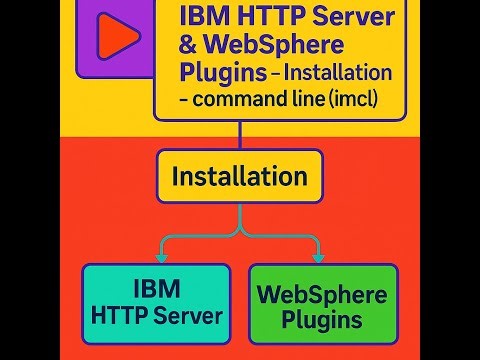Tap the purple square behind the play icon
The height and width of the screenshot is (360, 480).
coord(88,60)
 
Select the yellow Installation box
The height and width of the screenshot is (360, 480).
coord(239,176)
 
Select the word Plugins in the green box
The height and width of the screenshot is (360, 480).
coord(322,320)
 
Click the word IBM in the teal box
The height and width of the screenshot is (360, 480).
coord(156,290)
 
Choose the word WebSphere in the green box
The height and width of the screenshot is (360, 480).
coord(322,296)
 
